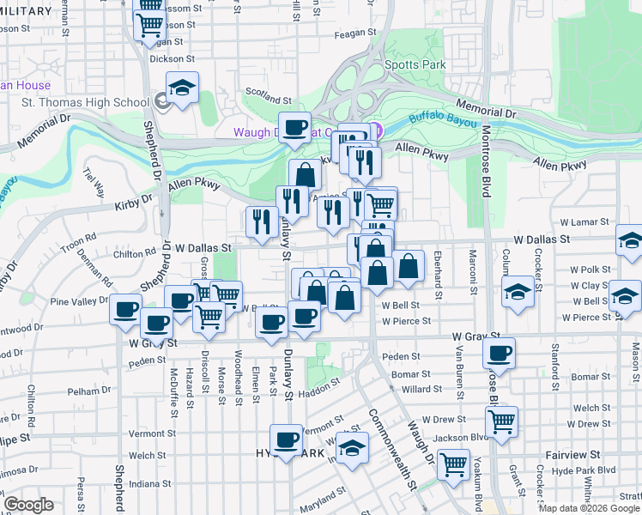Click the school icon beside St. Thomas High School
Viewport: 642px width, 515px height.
182,89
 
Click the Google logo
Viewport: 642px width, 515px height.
28,505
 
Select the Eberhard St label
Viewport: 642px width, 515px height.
438,274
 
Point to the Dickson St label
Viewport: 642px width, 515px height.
167,59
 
